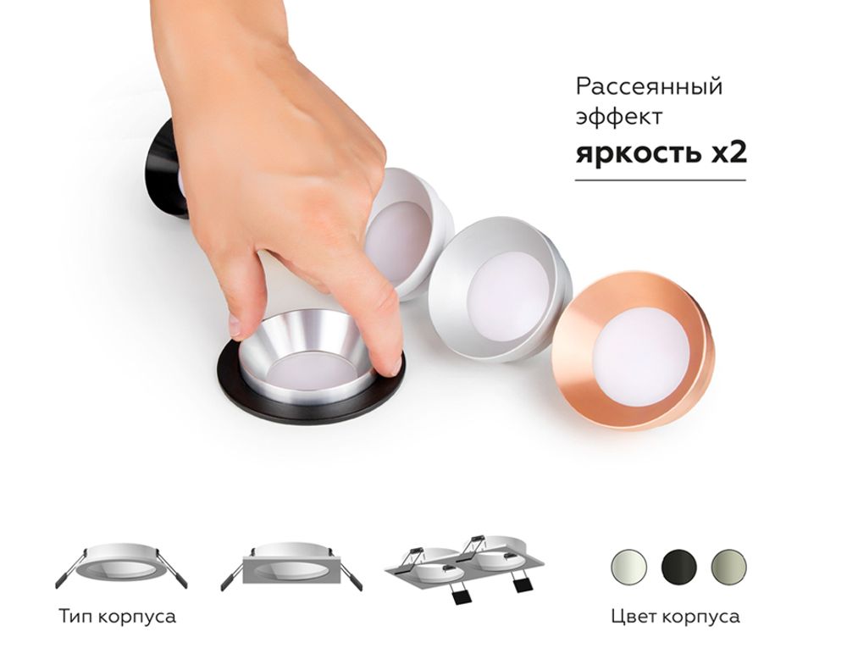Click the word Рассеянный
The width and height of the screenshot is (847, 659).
pos(649,86)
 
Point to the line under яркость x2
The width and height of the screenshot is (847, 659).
pos(660,180)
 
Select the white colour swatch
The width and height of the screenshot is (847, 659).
pos(628,564)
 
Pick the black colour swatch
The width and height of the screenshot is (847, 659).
pos(678,564)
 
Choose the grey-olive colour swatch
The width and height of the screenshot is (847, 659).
pos(728,564)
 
